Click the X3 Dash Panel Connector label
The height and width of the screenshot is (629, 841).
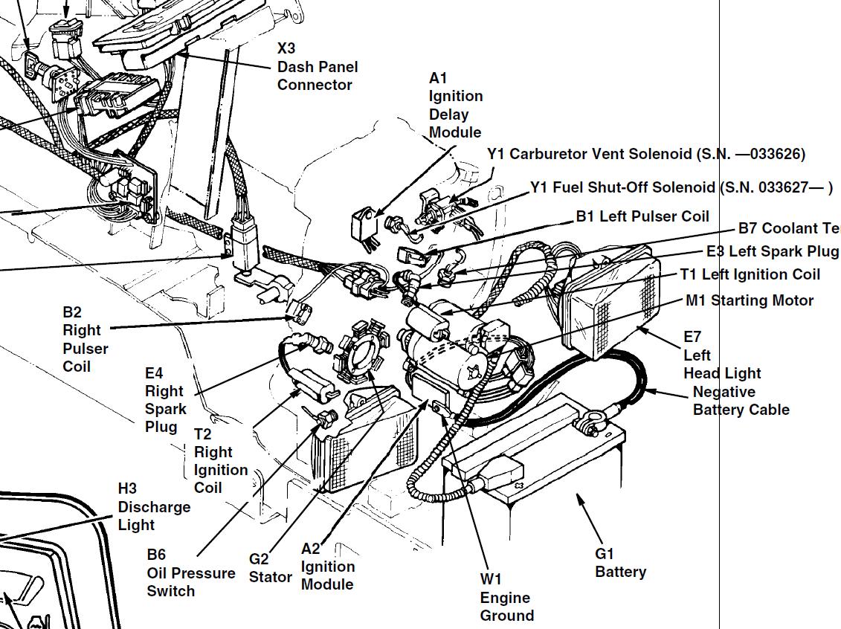point(317,67)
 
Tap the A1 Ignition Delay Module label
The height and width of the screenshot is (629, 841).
point(455,106)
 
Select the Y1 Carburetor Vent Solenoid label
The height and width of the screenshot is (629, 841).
point(645,154)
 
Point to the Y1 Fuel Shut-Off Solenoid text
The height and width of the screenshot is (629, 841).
point(680,187)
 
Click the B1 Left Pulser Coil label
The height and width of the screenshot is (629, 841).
point(642,216)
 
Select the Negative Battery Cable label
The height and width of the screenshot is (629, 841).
point(740,401)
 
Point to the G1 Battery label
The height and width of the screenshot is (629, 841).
point(620,563)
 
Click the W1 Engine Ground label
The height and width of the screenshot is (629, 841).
point(506,597)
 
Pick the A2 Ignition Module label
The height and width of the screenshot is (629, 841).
point(327,567)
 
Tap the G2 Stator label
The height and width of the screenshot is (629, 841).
point(269,568)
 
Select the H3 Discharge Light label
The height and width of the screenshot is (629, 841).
point(154,507)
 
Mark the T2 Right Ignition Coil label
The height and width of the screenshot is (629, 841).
point(220,461)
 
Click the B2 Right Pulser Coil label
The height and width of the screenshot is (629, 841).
point(85,339)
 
